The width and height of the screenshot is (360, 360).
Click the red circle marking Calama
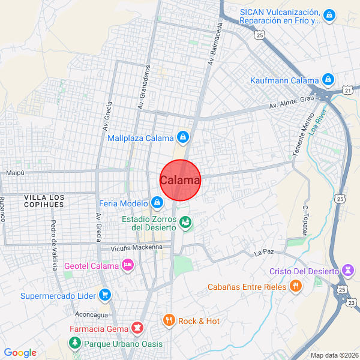tap(180, 180)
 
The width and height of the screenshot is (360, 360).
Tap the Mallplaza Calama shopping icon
tap(184, 138)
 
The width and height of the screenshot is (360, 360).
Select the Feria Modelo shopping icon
tap(157, 203)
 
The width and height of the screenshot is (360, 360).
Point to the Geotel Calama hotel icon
tap(127, 265)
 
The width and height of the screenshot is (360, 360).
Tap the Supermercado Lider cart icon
tap(105, 295)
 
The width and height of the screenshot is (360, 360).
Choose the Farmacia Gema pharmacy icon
tap(138, 328)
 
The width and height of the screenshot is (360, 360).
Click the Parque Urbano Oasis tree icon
tap(75, 344)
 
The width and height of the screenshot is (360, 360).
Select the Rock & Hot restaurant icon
tap(169, 321)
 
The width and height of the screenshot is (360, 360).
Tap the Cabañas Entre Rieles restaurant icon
tap(295, 287)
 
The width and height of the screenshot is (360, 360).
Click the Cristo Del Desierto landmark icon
tap(347, 271)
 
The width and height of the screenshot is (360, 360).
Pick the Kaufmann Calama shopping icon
tap(328, 80)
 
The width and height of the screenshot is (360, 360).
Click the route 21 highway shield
tap(348, 90)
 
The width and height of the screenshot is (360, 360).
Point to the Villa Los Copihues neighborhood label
tap(44, 201)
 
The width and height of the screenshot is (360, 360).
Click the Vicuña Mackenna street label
tap(137, 247)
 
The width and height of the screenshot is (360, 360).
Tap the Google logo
tap(20, 353)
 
